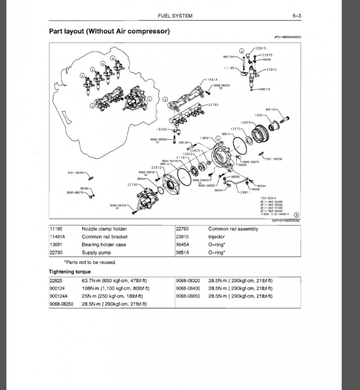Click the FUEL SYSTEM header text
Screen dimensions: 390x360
tap(176, 16)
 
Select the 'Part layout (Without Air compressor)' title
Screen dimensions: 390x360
tap(109, 32)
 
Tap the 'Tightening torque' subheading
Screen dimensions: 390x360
tap(70, 272)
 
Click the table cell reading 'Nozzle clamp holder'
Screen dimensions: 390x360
tap(104, 229)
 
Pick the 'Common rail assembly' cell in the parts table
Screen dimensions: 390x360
tap(233, 229)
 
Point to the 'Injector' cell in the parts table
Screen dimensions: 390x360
tap(217, 237)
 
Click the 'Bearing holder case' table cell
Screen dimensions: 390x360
tap(104, 245)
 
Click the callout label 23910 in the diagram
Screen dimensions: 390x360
tap(271, 70)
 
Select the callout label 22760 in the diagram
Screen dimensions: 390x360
tap(213, 105)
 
